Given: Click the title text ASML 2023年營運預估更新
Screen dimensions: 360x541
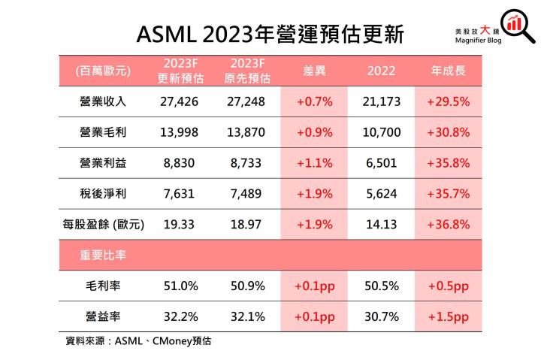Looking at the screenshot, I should (270, 33).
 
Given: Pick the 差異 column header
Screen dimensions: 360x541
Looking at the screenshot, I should (313, 71).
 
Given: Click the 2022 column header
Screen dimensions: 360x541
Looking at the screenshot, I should (381, 71).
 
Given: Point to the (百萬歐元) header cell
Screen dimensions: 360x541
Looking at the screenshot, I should (104, 71).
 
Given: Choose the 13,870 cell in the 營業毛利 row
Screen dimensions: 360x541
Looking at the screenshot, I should (246, 132).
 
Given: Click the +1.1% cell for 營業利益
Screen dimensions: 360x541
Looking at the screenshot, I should (313, 163).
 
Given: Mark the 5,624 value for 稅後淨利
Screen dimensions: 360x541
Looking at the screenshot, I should (381, 193).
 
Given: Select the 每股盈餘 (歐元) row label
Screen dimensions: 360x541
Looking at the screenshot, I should (104, 224).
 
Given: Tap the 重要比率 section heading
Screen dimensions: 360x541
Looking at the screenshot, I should (103, 255).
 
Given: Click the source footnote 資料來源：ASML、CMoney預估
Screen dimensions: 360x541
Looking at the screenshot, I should (139, 341).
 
